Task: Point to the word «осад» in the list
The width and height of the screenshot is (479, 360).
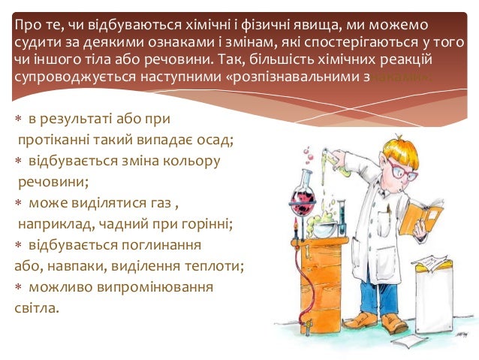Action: pyautogui.click(x=212, y=140)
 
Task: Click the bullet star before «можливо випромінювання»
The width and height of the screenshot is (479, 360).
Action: pyautogui.click(x=18, y=288)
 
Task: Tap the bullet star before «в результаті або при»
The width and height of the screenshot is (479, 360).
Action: pyautogui.click(x=18, y=119)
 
